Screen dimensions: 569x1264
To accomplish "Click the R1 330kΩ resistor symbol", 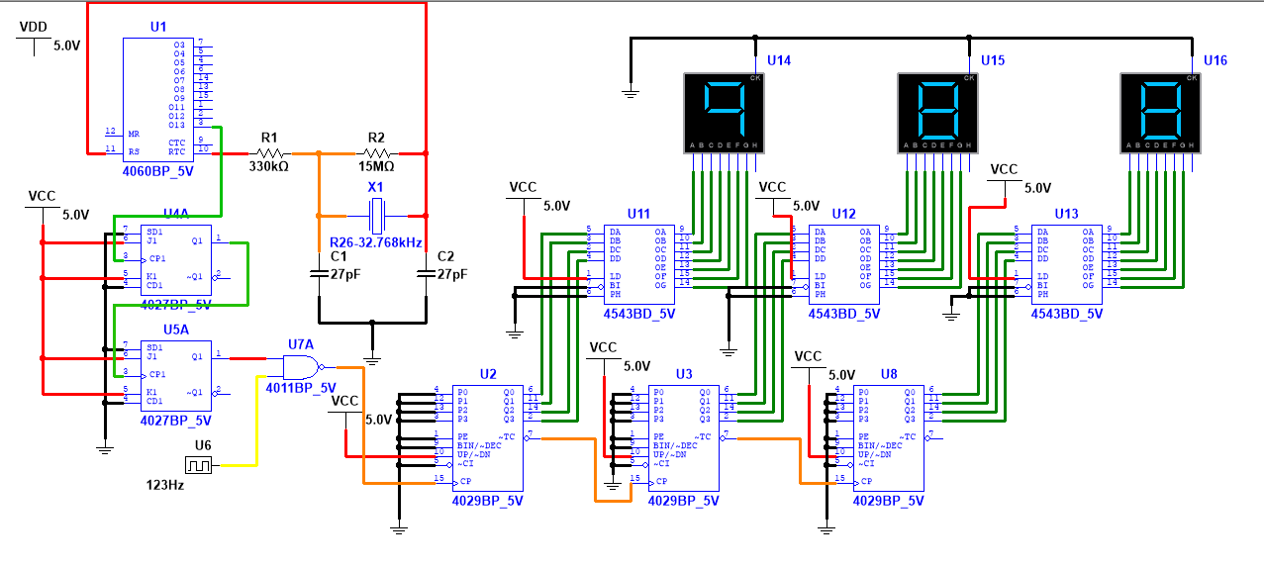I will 269,153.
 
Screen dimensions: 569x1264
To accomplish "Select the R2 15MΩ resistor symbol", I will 376,153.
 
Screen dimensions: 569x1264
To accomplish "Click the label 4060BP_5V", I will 158,169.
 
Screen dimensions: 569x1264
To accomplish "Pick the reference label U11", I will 638,214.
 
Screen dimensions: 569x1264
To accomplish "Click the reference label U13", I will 1066,214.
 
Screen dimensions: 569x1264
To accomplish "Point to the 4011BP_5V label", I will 301,387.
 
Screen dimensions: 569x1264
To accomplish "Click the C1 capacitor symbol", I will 319,275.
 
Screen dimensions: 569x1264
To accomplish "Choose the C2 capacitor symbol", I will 426,275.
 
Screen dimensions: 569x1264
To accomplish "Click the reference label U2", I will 487,374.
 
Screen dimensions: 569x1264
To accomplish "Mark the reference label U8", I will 888,374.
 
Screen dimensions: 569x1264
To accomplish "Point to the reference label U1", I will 158,26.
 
